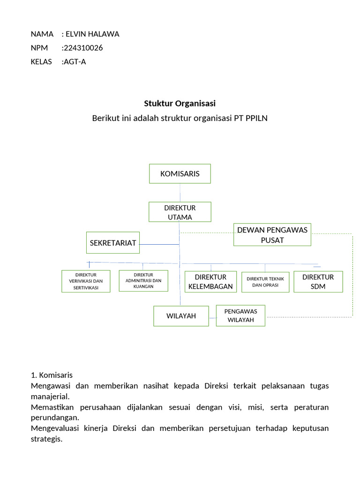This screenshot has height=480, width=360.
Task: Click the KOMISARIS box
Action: click(180, 173)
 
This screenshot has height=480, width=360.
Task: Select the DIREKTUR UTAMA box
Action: click(180, 212)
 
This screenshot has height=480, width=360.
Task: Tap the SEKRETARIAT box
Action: click(113, 243)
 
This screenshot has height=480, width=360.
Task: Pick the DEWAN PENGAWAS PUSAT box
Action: click(272, 235)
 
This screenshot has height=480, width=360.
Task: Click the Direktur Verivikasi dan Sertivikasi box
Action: click(86, 281)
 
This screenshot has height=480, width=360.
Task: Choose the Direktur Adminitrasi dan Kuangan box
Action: click(143, 280)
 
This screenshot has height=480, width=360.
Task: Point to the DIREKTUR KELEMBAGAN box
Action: click(210, 282)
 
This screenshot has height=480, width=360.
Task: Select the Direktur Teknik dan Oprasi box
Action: click(265, 282)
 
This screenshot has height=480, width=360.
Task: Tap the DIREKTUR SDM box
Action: click(318, 282)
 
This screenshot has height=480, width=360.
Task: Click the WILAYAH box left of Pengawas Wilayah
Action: click(181, 316)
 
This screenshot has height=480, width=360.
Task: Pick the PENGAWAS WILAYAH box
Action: click(240, 316)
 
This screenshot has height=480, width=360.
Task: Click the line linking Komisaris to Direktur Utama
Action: click(180, 192)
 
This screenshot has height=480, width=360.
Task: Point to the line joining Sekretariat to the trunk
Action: click(159, 244)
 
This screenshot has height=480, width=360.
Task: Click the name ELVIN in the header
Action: click(76, 34)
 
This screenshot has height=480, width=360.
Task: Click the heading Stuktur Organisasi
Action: click(180, 103)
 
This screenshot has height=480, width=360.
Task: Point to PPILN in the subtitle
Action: click(256, 118)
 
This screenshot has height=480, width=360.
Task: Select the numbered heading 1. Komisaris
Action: click(52, 375)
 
